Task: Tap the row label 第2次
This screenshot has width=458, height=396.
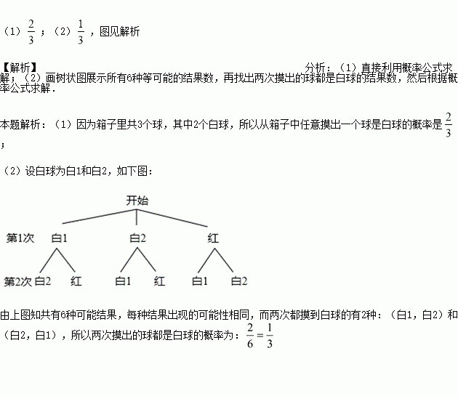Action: (19, 280)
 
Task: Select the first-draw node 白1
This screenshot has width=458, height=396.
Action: (60, 238)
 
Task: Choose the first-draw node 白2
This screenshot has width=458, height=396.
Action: (137, 238)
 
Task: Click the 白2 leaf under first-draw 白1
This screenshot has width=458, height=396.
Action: (43, 280)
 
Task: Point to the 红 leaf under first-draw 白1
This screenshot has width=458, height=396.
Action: (77, 280)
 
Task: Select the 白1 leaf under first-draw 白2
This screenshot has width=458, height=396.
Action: (122, 280)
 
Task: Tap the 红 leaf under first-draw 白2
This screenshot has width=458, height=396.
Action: (159, 280)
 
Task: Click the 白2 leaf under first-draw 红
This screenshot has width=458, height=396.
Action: (239, 280)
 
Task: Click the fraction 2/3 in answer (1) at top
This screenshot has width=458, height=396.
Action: (31, 32)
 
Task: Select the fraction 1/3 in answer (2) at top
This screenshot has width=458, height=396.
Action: (80, 32)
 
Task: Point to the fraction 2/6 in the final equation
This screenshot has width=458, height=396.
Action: (250, 336)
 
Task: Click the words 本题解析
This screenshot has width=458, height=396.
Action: (21, 124)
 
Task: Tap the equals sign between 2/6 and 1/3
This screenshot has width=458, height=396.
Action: (260, 336)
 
